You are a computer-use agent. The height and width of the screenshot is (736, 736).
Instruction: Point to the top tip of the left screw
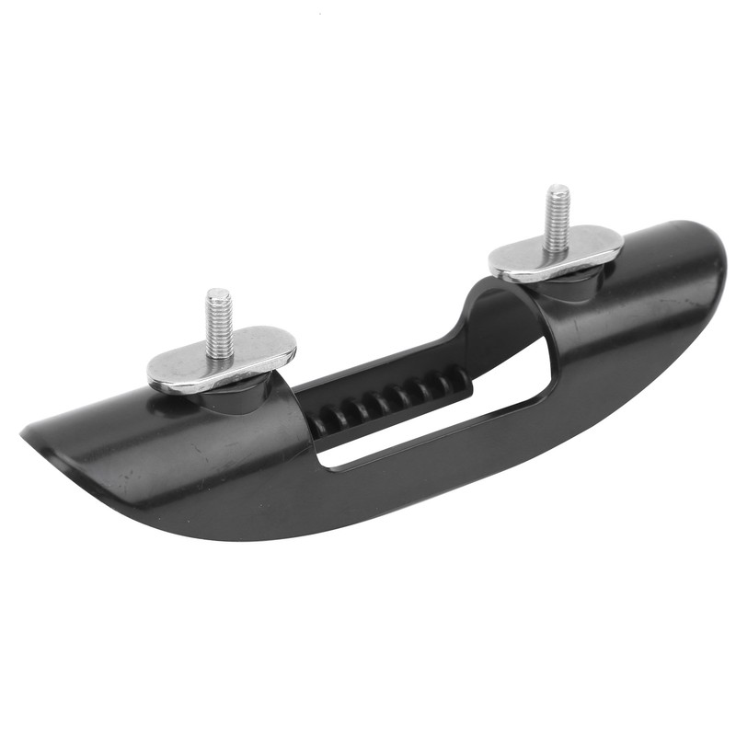point(218,293)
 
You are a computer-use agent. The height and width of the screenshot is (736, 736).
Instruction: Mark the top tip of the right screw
point(558,189)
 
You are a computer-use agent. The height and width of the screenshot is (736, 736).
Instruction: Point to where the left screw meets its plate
point(219,355)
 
